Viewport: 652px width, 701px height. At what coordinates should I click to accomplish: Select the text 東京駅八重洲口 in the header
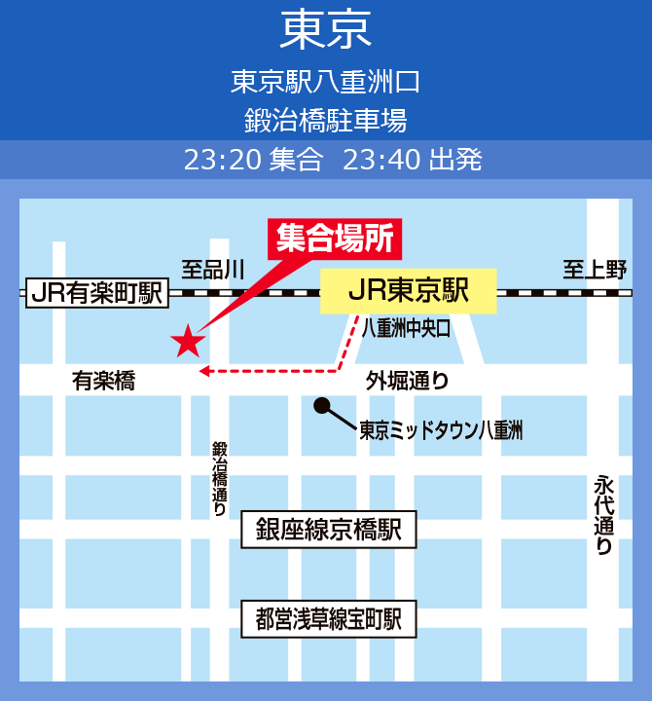point(325,81)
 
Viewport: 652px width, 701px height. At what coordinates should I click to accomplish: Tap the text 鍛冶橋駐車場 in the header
point(325,120)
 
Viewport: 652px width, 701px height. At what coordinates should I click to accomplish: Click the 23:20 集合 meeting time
point(253,160)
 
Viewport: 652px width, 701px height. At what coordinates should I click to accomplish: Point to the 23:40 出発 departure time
point(413,160)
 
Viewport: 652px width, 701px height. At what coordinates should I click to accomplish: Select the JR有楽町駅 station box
point(96,292)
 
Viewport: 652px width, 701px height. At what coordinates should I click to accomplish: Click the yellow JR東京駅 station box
point(409,290)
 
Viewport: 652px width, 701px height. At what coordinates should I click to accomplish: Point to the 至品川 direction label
point(213,270)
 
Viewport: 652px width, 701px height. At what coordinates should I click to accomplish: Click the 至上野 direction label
point(595,270)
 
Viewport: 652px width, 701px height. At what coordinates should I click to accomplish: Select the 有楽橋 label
point(103,382)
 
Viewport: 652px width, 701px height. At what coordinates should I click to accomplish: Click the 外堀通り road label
point(408,381)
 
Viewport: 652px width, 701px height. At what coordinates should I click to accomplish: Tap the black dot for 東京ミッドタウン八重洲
point(321,405)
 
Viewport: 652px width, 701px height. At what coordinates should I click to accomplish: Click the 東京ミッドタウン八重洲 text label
point(441,429)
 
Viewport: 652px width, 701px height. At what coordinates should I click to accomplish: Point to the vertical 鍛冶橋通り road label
point(219,477)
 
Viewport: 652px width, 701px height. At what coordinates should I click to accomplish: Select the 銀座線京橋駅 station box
point(328,530)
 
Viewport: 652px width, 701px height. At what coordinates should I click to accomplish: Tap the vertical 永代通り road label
point(604,515)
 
